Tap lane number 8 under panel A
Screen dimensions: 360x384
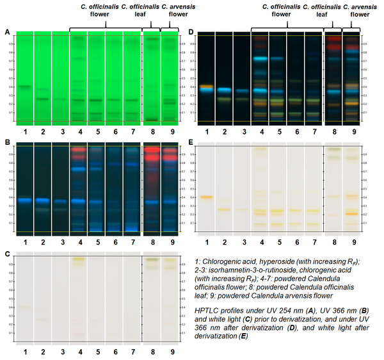(152, 133)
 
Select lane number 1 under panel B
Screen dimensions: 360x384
(24, 243)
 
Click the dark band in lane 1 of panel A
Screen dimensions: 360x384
(24, 86)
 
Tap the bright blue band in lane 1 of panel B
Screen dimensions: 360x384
(24, 200)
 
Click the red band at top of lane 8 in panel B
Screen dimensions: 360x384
(152, 155)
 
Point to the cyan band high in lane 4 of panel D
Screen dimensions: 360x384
(260, 58)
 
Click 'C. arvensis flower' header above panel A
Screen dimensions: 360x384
(169, 11)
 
